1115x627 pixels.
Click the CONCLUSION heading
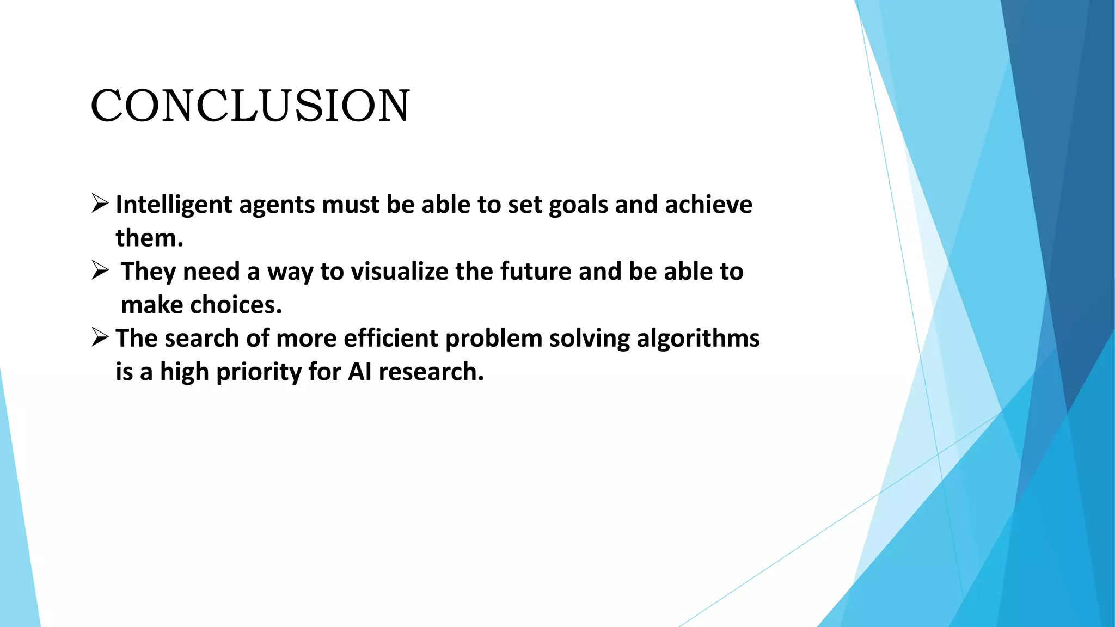pos(250,106)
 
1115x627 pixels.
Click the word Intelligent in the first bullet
pos(174,205)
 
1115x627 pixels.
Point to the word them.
pos(149,238)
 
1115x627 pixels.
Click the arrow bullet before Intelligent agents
pos(100,204)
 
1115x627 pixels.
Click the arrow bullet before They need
pos(100,270)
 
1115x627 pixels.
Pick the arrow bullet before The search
pos(100,337)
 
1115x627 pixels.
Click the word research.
pos(430,372)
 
